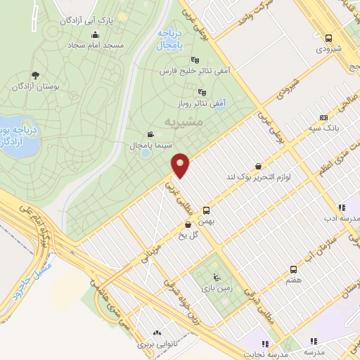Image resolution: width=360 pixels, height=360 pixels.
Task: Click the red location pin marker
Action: click(181, 165)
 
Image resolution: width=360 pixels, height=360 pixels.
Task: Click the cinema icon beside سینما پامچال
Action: click(150, 134)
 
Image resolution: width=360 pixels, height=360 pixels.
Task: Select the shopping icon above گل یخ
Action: click(187, 225)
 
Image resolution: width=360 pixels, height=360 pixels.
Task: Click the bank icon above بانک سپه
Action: click(323, 118)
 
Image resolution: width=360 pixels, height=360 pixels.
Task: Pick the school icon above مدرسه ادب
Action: click(341, 207)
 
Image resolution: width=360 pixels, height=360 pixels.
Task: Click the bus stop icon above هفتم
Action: click(293, 269)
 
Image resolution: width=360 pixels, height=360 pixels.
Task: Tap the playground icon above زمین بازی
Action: click(217, 276)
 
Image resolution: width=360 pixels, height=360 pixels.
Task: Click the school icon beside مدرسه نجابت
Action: click(266, 344)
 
